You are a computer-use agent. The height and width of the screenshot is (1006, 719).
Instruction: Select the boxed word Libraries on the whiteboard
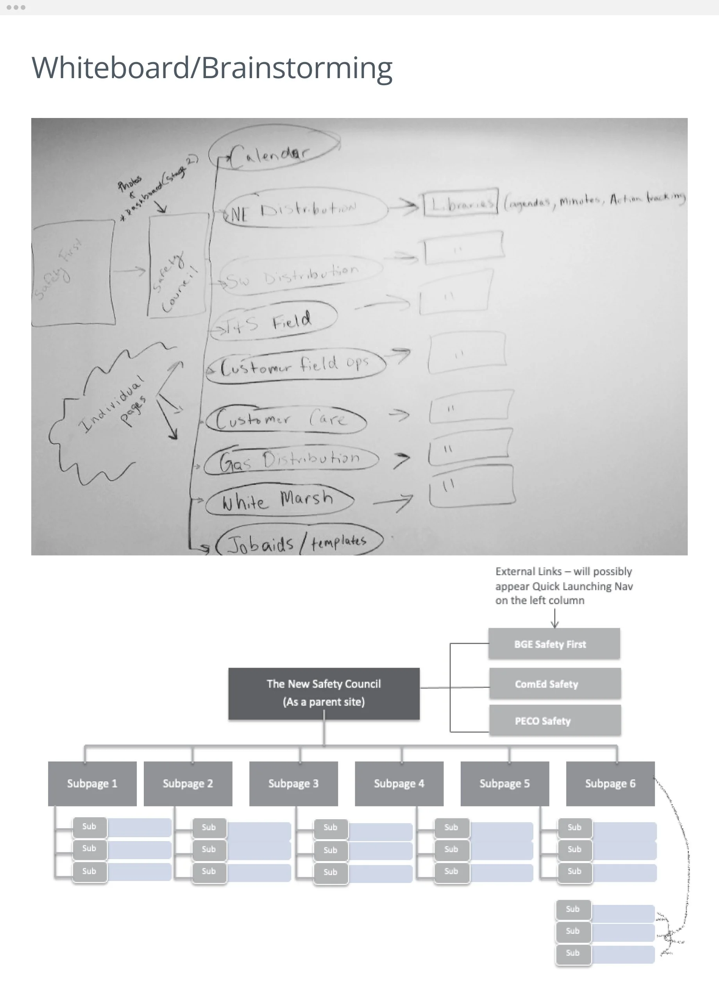pos(460,203)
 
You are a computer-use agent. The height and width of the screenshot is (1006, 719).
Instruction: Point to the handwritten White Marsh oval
pos(279,500)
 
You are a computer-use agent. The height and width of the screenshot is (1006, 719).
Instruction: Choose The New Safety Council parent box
pos(324,693)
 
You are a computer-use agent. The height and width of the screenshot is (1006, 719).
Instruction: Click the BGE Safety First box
pos(554,644)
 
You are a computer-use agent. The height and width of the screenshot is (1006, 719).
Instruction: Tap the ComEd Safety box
pos(555,684)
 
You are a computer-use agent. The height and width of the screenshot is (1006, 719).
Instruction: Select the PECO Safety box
pos(555,720)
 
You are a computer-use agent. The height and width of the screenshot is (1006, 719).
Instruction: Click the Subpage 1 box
pos(92,783)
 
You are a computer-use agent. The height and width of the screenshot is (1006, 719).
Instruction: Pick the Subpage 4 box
pos(399,783)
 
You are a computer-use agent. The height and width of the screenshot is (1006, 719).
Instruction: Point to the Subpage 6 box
pos(610,783)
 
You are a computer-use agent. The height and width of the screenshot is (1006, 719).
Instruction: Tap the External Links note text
pos(563,586)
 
